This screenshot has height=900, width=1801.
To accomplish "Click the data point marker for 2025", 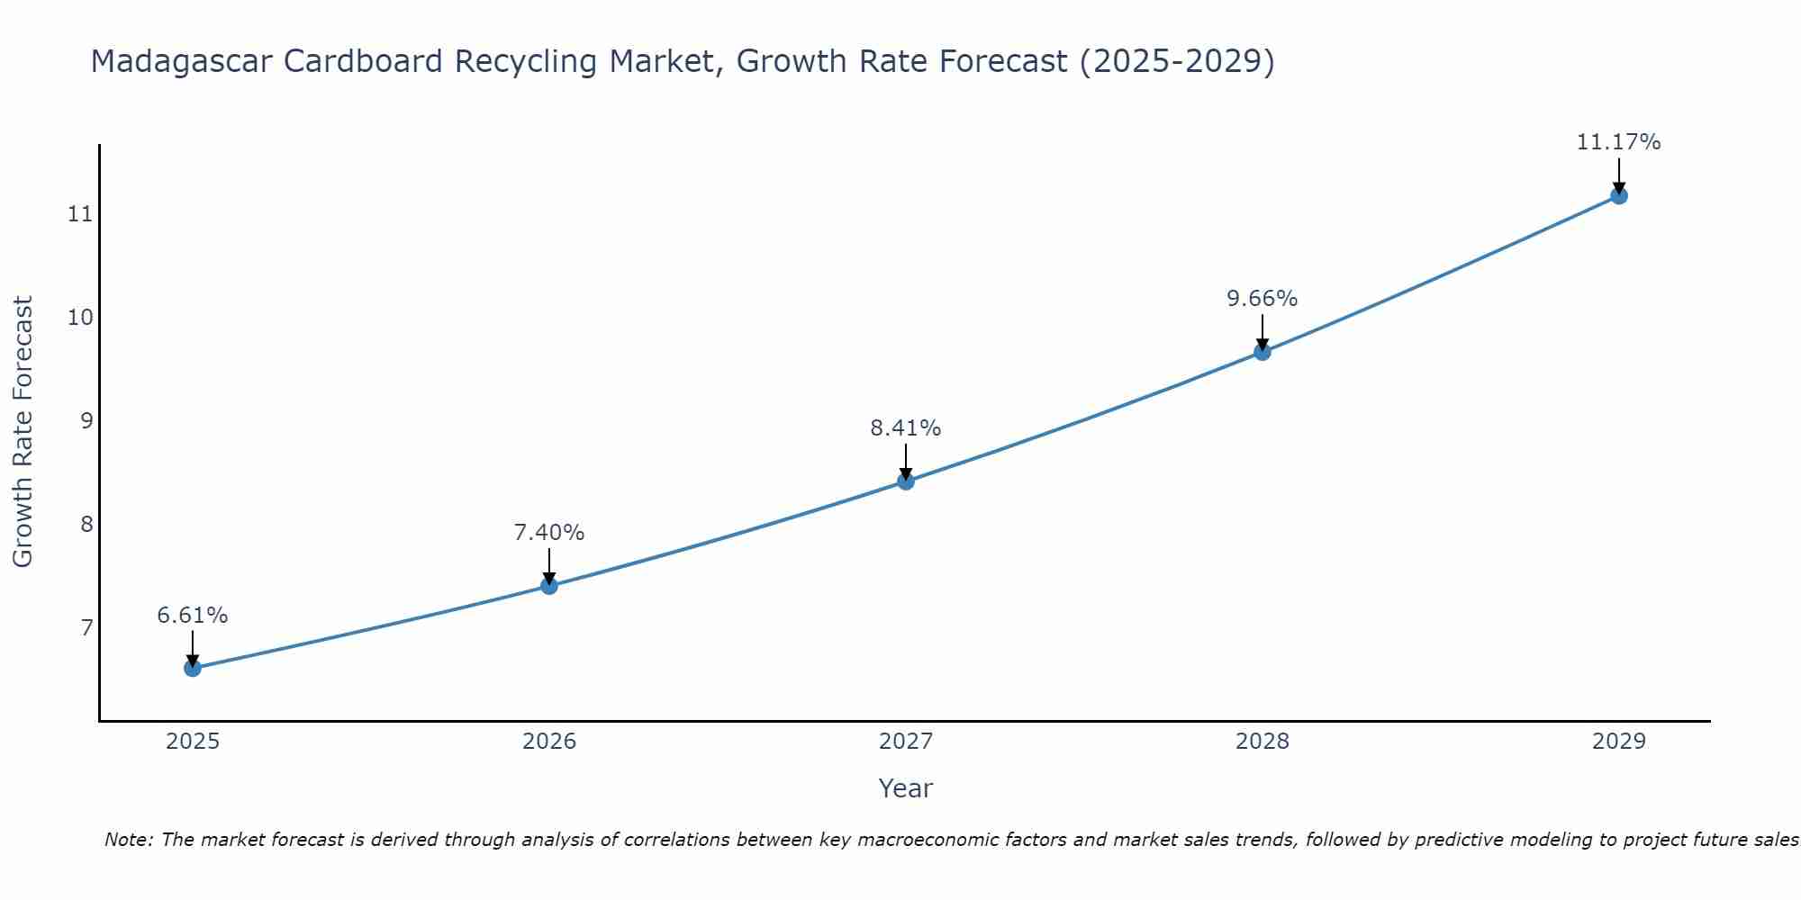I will [x=193, y=668].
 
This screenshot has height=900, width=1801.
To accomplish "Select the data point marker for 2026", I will [x=549, y=586].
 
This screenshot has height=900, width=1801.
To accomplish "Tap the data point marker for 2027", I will [x=906, y=481].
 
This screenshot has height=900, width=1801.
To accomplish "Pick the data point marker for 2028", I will [x=1263, y=352].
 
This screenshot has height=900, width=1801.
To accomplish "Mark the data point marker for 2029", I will [x=1618, y=195].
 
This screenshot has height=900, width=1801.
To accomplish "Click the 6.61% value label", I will [x=193, y=616].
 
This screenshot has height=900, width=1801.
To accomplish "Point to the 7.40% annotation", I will [x=549, y=533].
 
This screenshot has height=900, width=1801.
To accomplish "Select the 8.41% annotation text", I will [x=906, y=428].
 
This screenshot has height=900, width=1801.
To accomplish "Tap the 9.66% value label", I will [x=1263, y=299].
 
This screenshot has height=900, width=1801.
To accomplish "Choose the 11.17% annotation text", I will [x=1618, y=142].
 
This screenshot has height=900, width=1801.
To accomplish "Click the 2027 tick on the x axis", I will [x=906, y=742].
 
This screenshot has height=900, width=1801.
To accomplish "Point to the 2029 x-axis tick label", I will [x=1618, y=742].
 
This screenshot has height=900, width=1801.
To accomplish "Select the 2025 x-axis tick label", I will [x=193, y=742].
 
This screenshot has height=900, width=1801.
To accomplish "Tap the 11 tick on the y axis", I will [x=80, y=214].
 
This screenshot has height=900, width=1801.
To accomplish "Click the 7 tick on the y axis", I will [x=86, y=627].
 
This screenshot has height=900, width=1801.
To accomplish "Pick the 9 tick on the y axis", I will [x=86, y=420].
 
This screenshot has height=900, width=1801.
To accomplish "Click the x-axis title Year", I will [x=906, y=788].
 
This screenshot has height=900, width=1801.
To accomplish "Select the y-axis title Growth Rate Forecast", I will [x=23, y=432].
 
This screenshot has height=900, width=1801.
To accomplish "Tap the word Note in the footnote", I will [x=129, y=840].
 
